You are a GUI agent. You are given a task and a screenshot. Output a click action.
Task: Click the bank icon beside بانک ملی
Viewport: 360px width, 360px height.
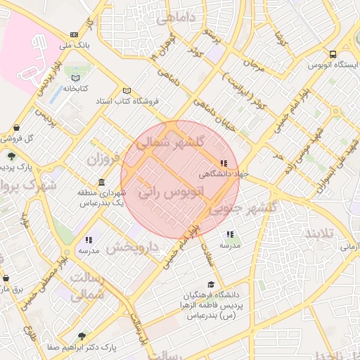pyautogui.click(x=75, y=34)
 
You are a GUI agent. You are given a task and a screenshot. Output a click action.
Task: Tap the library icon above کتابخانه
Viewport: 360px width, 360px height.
pyautogui.click(x=75, y=77)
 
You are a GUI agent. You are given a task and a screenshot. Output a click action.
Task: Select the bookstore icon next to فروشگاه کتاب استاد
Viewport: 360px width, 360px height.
pyautogui.click(x=127, y=91)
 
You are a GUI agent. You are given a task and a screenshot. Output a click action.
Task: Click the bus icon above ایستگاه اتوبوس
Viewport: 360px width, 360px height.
pyautogui.click(x=333, y=54)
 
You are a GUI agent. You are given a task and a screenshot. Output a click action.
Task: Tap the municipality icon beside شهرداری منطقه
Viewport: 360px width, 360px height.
pyautogui.click(x=103, y=183)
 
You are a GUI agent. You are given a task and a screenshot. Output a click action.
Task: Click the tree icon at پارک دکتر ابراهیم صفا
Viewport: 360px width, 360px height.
pyautogui.click(x=82, y=337)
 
